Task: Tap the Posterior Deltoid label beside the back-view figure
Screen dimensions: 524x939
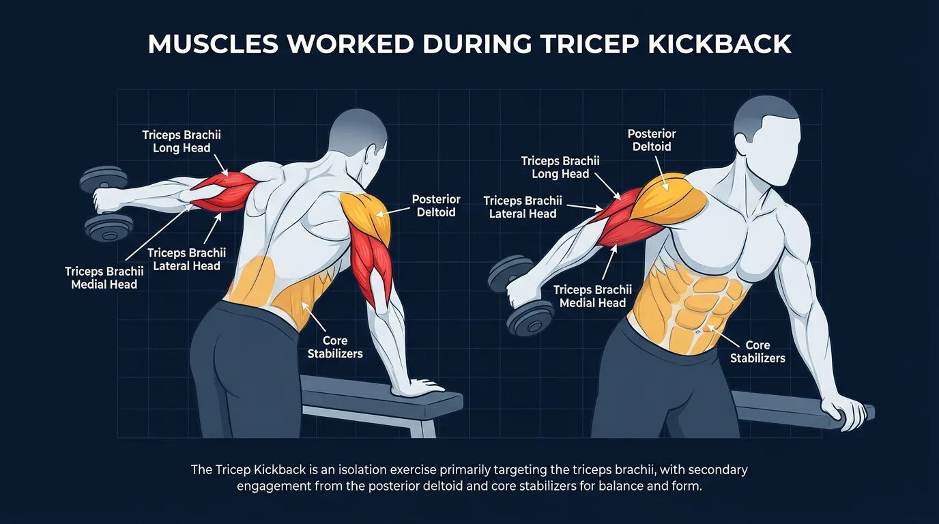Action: coord(436,205)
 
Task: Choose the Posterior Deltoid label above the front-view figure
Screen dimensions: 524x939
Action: coord(652,140)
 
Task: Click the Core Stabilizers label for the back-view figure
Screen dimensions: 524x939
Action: coord(334,347)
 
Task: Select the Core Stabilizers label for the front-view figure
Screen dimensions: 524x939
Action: coord(757,351)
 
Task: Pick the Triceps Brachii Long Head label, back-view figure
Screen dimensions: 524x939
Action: coord(182,141)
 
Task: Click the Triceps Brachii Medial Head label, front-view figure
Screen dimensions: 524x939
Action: coord(592,296)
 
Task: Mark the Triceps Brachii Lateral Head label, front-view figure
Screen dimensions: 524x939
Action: coord(523,207)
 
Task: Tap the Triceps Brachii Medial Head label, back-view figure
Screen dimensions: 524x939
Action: coord(104,278)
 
